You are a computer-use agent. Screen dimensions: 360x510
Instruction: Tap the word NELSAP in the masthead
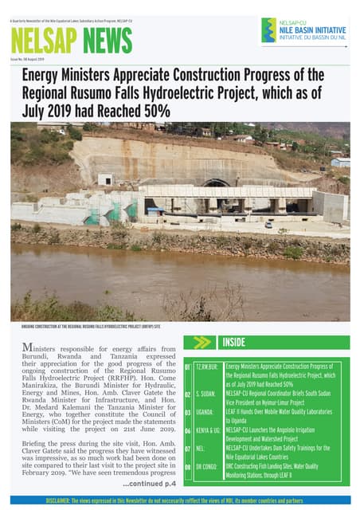[x=41, y=41]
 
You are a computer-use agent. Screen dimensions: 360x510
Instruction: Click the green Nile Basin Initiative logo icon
[x=268, y=30]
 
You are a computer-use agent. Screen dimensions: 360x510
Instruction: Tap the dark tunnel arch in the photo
[x=216, y=184]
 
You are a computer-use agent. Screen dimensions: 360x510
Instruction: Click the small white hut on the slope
[x=104, y=179]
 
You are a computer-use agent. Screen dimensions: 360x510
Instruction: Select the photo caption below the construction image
[x=92, y=327]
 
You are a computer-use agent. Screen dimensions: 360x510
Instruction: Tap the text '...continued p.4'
[x=147, y=484]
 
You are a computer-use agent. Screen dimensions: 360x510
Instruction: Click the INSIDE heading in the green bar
[x=233, y=343]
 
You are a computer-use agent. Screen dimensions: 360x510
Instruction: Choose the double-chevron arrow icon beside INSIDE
[x=202, y=343]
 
